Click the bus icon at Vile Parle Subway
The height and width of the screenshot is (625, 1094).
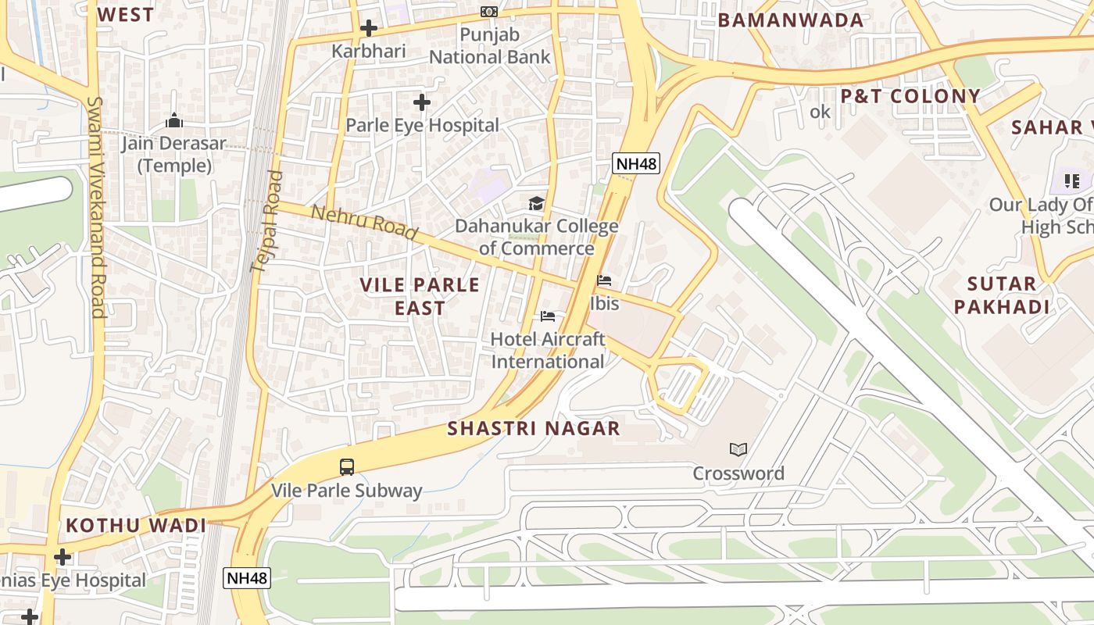[x=347, y=467]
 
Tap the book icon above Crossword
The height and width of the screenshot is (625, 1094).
[x=738, y=449]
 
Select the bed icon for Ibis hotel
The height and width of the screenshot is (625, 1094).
[x=604, y=280]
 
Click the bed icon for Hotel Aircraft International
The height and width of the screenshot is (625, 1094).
[x=548, y=316]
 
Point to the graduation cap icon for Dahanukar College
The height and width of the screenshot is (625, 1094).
[x=536, y=204]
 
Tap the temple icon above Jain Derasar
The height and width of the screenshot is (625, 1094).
[x=174, y=121]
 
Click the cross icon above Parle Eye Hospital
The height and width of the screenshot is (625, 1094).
[x=422, y=102]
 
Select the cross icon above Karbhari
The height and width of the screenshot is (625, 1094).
[x=368, y=29]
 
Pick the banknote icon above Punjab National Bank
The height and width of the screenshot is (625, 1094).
[x=489, y=12]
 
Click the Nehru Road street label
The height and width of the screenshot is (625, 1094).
[x=364, y=223]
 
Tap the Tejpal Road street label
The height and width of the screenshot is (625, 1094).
[x=266, y=222]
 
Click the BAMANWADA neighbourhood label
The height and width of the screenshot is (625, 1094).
[x=791, y=20]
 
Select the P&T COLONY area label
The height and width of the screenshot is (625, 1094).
[x=910, y=96]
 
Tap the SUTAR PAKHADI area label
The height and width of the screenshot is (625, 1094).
[x=1002, y=295]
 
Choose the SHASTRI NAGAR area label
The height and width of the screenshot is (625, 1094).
[x=534, y=428]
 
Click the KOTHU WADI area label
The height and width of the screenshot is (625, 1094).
[x=136, y=526]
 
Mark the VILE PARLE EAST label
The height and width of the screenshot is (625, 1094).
[x=420, y=296]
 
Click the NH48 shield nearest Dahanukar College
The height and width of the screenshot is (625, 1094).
[x=636, y=163]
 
